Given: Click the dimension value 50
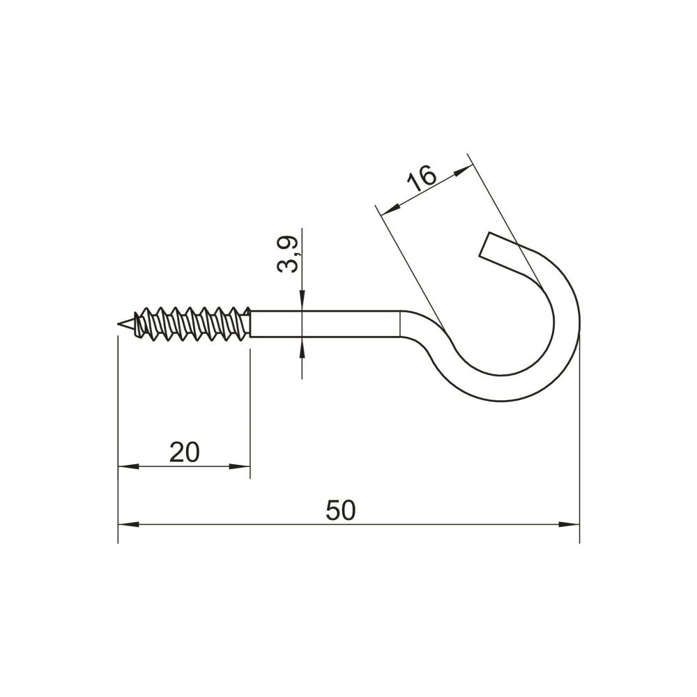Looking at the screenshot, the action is coord(341,510).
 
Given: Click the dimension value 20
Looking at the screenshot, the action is coord(185,452).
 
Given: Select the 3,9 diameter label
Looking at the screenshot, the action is coord(287,254).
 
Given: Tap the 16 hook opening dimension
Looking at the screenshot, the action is coord(422,177).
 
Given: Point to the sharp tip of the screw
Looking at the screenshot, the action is coord(118,325).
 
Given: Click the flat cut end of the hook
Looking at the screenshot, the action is coord(485,245).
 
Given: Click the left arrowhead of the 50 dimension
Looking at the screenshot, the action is coord(128,525).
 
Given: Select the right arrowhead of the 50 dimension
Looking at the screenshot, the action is coord(569,525).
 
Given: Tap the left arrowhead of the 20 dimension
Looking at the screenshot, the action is coord(128,466).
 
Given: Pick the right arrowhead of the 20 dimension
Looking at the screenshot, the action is coord(240,466).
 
